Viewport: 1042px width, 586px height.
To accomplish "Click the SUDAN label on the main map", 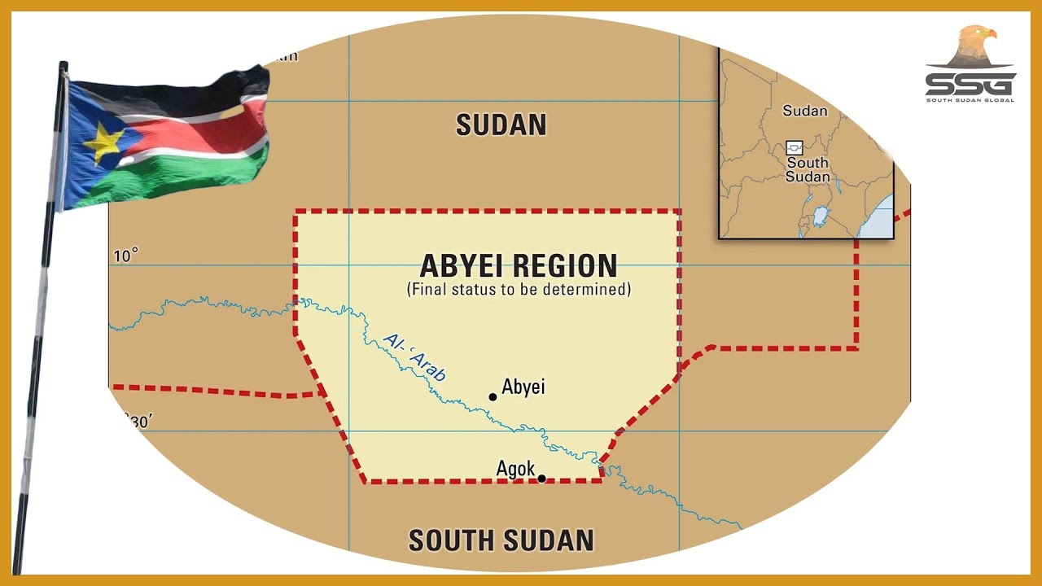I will point(501,125).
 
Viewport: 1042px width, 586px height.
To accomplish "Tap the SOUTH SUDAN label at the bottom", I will point(501,540).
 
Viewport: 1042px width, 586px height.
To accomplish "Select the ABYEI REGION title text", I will point(519,265).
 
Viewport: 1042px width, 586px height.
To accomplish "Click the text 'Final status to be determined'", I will point(519,289).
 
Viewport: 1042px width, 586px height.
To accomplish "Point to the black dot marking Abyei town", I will point(493,397).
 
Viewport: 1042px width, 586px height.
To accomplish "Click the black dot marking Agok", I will point(541,479).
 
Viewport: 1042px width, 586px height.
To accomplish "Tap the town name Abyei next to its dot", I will point(523,387).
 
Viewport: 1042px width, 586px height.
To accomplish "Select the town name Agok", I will point(515,469).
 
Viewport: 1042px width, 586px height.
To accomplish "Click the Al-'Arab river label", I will point(415,358).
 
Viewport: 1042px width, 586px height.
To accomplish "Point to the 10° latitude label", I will point(125,256).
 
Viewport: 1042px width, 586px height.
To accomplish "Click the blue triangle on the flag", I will point(90,146).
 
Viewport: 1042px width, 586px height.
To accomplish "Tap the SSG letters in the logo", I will point(970,85).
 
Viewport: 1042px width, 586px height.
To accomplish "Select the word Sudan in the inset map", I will point(804,111).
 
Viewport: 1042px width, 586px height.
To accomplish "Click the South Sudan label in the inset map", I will point(808,169).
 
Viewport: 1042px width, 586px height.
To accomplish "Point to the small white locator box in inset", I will point(795,148).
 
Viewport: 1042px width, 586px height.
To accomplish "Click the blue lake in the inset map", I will point(821,217).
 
